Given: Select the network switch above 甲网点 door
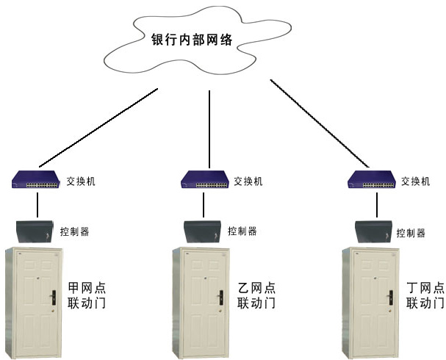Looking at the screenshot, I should pyautogui.click(x=37, y=180).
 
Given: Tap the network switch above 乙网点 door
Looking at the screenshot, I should pyautogui.click(x=206, y=180).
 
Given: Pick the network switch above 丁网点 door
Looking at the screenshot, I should pyautogui.click(x=373, y=180).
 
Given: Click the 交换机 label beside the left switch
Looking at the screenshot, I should pyautogui.click(x=81, y=181).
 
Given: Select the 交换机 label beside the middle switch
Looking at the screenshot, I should pyautogui.click(x=248, y=181).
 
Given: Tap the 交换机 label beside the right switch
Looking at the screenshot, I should pyautogui.click(x=417, y=181).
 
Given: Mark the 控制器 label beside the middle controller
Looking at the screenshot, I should pyautogui.click(x=242, y=231).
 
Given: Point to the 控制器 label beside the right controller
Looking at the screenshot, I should pyautogui.click(x=411, y=234).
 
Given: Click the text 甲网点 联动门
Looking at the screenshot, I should pyautogui.click(x=87, y=295).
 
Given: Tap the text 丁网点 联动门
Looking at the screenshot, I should pyautogui.click(x=425, y=295).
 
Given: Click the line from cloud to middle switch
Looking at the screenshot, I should pyautogui.click(x=209, y=129).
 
